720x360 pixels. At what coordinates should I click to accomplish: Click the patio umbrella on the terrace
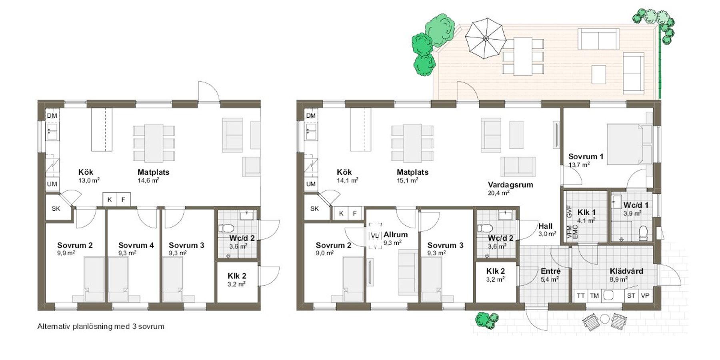point(486,38)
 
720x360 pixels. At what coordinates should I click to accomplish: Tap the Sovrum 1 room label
point(586,156)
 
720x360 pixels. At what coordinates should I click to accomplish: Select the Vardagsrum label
point(510,185)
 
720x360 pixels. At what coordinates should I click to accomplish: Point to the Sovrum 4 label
point(136,245)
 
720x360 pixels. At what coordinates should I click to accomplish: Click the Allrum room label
point(396,234)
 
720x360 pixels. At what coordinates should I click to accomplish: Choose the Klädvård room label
point(626,271)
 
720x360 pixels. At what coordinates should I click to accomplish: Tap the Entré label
point(550,271)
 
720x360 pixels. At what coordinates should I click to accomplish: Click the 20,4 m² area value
point(498,193)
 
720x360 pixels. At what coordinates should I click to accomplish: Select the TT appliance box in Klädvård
point(581,296)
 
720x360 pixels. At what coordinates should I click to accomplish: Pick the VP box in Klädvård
point(645,296)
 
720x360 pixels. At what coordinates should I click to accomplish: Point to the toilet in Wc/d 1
point(643,233)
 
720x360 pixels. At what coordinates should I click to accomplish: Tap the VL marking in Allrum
point(375,236)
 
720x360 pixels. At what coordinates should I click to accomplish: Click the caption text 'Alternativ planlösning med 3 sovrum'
point(101,326)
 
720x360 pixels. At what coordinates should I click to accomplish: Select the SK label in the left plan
point(56,208)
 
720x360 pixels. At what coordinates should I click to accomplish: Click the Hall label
point(545,226)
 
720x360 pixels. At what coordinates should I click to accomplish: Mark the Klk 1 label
point(586,212)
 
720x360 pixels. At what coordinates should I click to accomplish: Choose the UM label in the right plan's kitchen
point(311,184)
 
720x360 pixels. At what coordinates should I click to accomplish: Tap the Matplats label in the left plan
point(153,172)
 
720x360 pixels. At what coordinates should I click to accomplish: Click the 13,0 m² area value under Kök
point(89,180)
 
